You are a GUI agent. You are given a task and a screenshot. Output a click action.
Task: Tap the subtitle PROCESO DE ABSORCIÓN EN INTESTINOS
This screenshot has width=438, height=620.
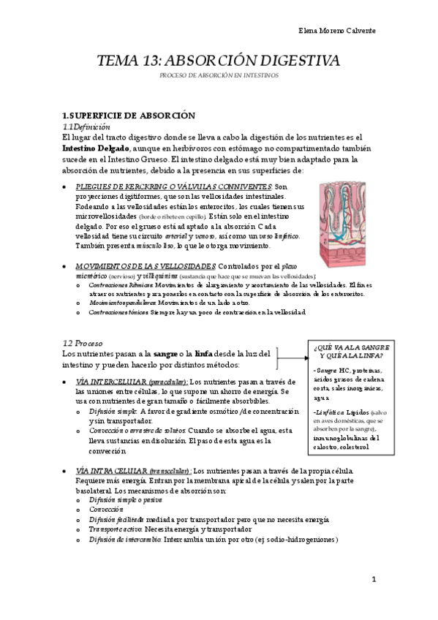tap(219, 75)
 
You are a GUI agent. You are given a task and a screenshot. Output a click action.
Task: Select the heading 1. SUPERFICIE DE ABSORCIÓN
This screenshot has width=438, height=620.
tap(128, 116)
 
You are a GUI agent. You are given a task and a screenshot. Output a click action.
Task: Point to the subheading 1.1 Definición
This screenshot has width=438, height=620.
tap(86, 126)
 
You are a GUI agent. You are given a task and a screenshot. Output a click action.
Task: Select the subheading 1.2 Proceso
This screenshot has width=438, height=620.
tap(83, 343)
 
